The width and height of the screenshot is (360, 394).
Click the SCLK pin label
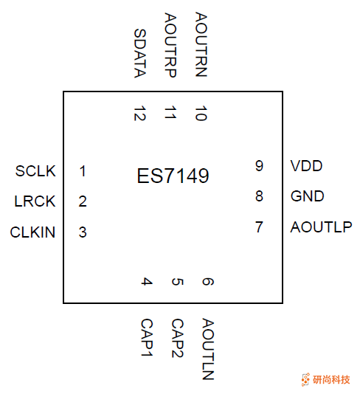point(35,171)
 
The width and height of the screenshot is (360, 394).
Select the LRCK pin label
point(35,201)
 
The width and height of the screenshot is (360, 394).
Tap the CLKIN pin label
point(32,232)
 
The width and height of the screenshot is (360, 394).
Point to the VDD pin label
point(307,166)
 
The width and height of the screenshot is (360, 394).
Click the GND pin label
point(308,196)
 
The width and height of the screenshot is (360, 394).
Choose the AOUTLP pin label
point(321,227)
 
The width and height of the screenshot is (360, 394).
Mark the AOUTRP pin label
point(170,45)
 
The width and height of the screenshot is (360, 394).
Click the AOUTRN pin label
point(201,45)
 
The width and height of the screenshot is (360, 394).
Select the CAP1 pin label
point(147,339)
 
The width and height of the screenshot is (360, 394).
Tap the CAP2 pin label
point(177,339)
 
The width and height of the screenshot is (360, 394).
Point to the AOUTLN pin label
point(207,349)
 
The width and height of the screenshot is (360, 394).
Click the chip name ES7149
point(173,177)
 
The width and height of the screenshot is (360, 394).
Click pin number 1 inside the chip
point(83,171)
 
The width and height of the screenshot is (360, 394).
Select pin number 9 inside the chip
point(259,166)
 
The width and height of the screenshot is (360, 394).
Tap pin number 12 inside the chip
point(140,114)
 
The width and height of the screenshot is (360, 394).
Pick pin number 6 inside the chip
point(207,282)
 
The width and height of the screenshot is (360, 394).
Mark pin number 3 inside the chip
point(83,232)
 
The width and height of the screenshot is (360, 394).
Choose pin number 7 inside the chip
point(259,227)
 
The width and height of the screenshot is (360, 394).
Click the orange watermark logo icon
point(305,379)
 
